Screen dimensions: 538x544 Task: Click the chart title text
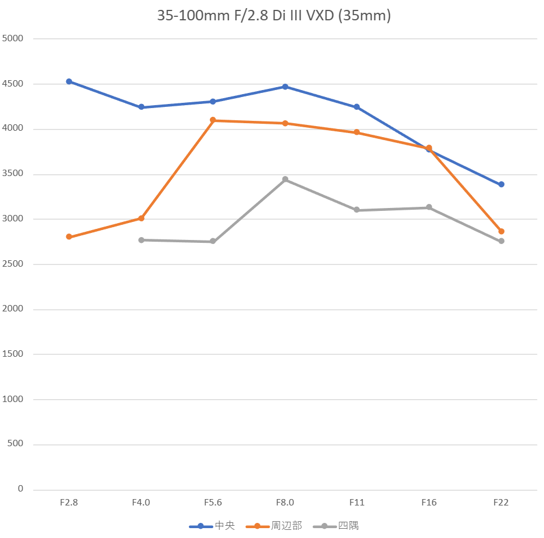click(x=274, y=16)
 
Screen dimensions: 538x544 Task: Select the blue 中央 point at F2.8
click(x=69, y=81)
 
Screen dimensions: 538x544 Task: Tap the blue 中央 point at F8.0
click(x=285, y=87)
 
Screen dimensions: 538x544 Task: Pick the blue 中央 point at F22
click(x=501, y=184)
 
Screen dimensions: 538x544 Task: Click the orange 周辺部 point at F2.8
click(x=69, y=236)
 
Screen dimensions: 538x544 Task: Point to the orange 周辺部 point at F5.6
click(x=213, y=120)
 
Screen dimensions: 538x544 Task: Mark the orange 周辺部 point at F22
click(x=501, y=231)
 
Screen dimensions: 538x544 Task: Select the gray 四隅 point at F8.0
click(x=285, y=180)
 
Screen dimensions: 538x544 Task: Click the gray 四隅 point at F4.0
click(x=141, y=240)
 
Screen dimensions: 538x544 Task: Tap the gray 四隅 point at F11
click(x=357, y=210)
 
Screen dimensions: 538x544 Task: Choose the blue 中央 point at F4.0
click(x=141, y=107)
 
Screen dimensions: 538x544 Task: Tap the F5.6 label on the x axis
click(x=213, y=503)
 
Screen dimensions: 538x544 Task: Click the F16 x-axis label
click(x=429, y=503)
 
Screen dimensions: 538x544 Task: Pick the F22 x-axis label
click(x=501, y=503)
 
